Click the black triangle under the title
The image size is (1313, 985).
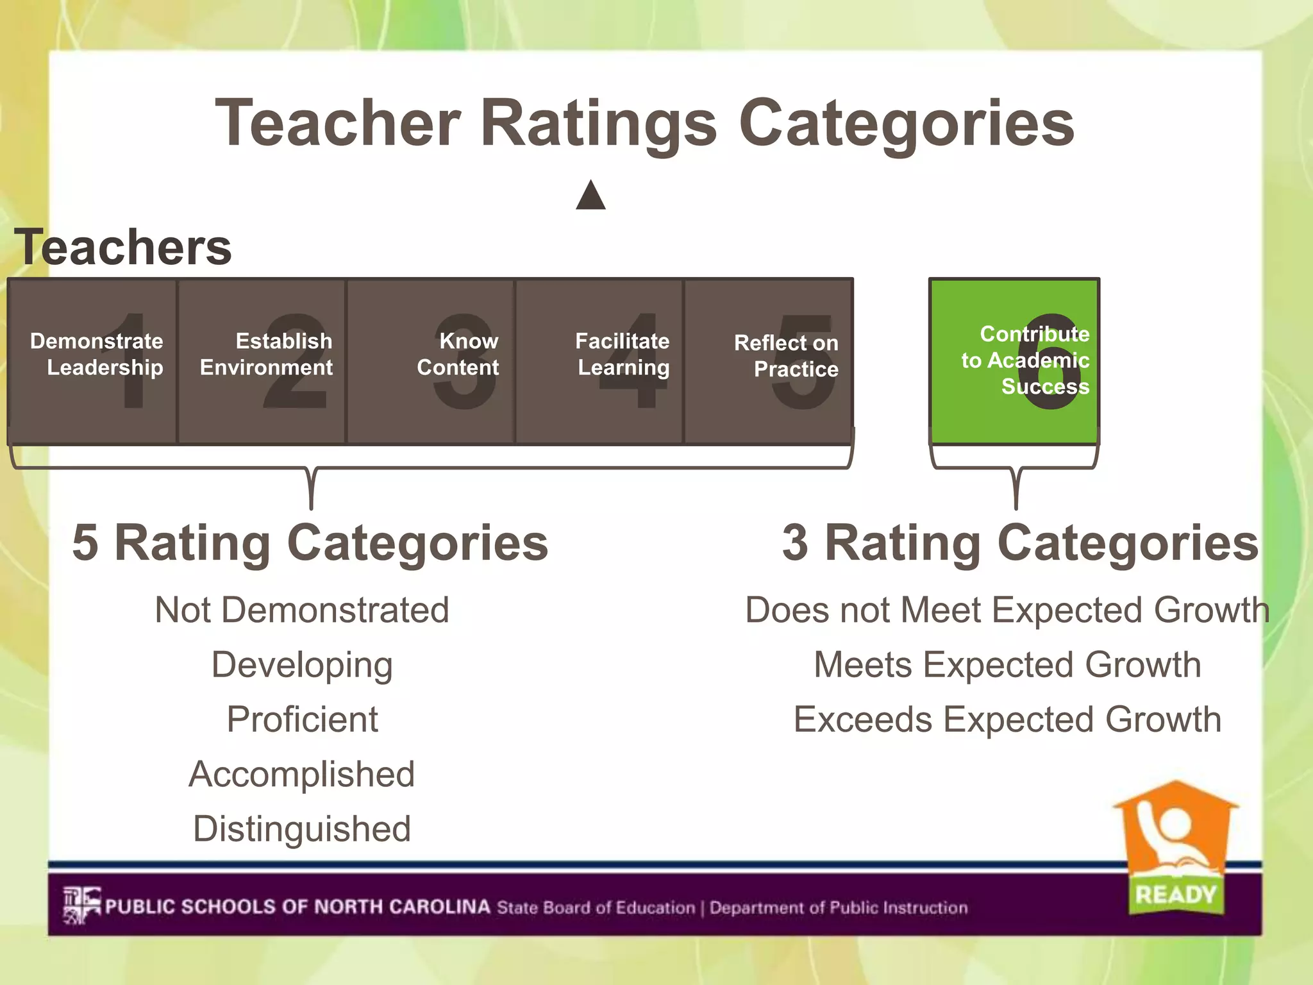(590, 196)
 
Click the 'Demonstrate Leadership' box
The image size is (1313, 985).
(93, 361)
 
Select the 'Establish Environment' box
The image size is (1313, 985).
(262, 361)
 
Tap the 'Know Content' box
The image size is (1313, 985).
(431, 361)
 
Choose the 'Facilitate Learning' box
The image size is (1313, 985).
(599, 361)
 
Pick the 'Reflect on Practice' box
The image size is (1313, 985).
(769, 361)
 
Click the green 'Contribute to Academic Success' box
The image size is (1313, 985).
(1015, 361)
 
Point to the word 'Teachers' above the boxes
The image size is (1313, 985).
(123, 247)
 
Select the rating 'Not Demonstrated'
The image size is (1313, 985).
(302, 610)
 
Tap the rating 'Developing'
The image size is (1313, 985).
(302, 665)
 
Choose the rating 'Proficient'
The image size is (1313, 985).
(302, 720)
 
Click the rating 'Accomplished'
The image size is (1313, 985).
(302, 774)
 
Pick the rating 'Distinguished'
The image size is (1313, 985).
(302, 829)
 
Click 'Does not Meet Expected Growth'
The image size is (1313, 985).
(1007, 610)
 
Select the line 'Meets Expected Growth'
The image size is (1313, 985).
(1007, 665)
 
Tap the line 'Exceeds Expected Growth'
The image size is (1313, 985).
(1007, 720)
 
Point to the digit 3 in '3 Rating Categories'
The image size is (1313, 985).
(795, 543)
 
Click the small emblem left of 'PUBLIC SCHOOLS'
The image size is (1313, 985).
(81, 905)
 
